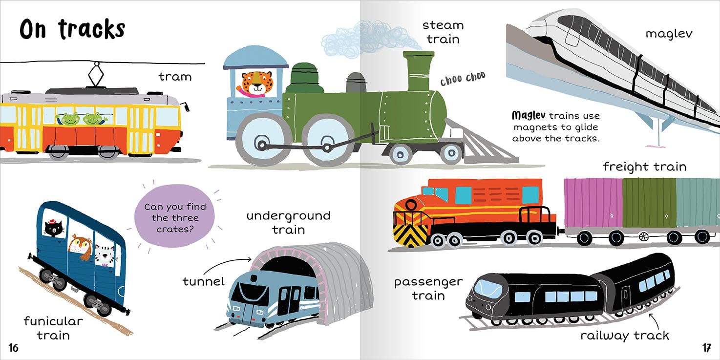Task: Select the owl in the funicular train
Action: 80,246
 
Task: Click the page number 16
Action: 13,348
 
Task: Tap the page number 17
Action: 706,348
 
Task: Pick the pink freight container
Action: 593,203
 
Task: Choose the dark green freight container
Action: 649,203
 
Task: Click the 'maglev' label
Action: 669,34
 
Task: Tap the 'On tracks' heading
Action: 72,29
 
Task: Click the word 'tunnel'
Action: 203,281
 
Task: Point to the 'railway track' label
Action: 624,336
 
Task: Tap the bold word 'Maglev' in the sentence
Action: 529,116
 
